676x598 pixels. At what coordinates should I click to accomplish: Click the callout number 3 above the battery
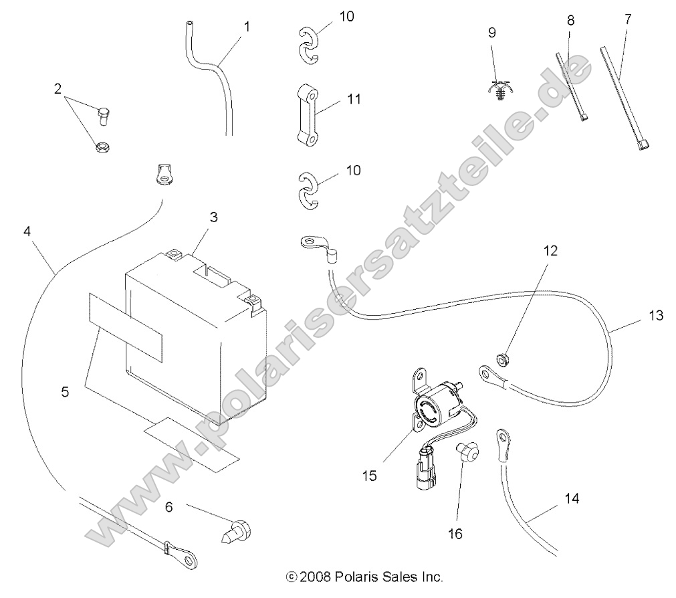pos(213,217)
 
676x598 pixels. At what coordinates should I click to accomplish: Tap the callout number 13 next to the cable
pos(656,314)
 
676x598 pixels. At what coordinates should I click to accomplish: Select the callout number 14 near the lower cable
pos(571,498)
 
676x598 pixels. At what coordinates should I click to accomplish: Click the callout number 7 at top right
pos(627,19)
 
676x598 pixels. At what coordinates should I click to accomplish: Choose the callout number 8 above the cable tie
pos(570,20)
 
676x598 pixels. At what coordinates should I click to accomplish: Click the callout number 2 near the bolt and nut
pos(58,88)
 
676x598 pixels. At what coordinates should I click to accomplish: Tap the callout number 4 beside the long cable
pos(27,231)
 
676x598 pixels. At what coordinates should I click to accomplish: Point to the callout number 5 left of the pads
pos(65,392)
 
